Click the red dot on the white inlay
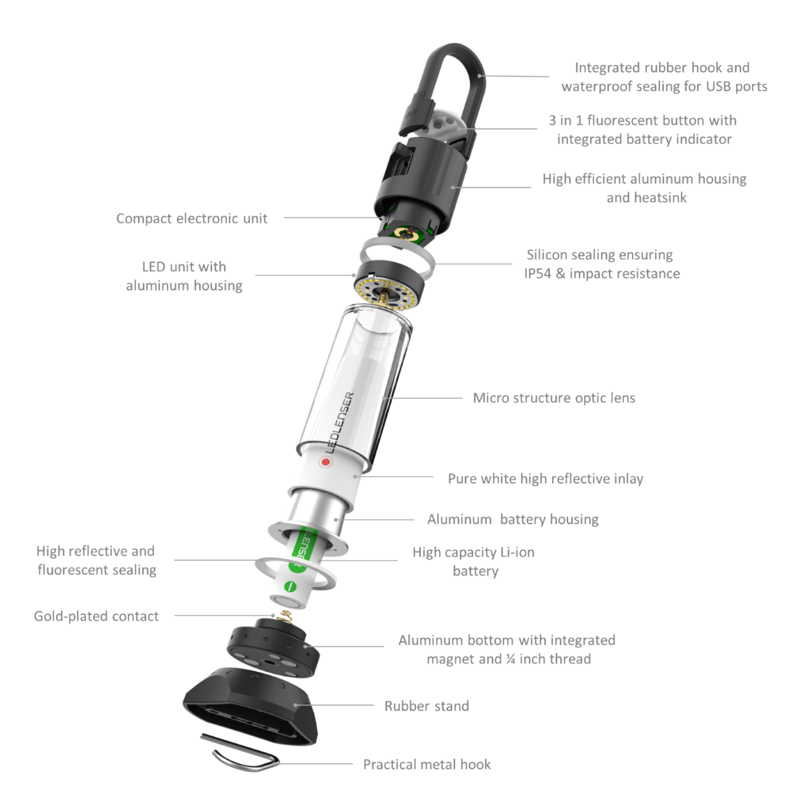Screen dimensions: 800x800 326,462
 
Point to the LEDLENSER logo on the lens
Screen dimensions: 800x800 340,422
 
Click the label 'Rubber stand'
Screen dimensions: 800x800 426,706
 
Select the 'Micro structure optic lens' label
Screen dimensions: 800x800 554,398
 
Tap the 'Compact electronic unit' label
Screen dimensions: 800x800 191,219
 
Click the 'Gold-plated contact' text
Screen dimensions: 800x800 96,616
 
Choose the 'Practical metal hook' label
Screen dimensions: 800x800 427,764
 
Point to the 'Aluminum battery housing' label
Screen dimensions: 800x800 513,519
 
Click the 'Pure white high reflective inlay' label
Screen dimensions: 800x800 545,479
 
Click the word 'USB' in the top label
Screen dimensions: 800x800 718,86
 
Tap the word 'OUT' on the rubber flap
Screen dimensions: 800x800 412,114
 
